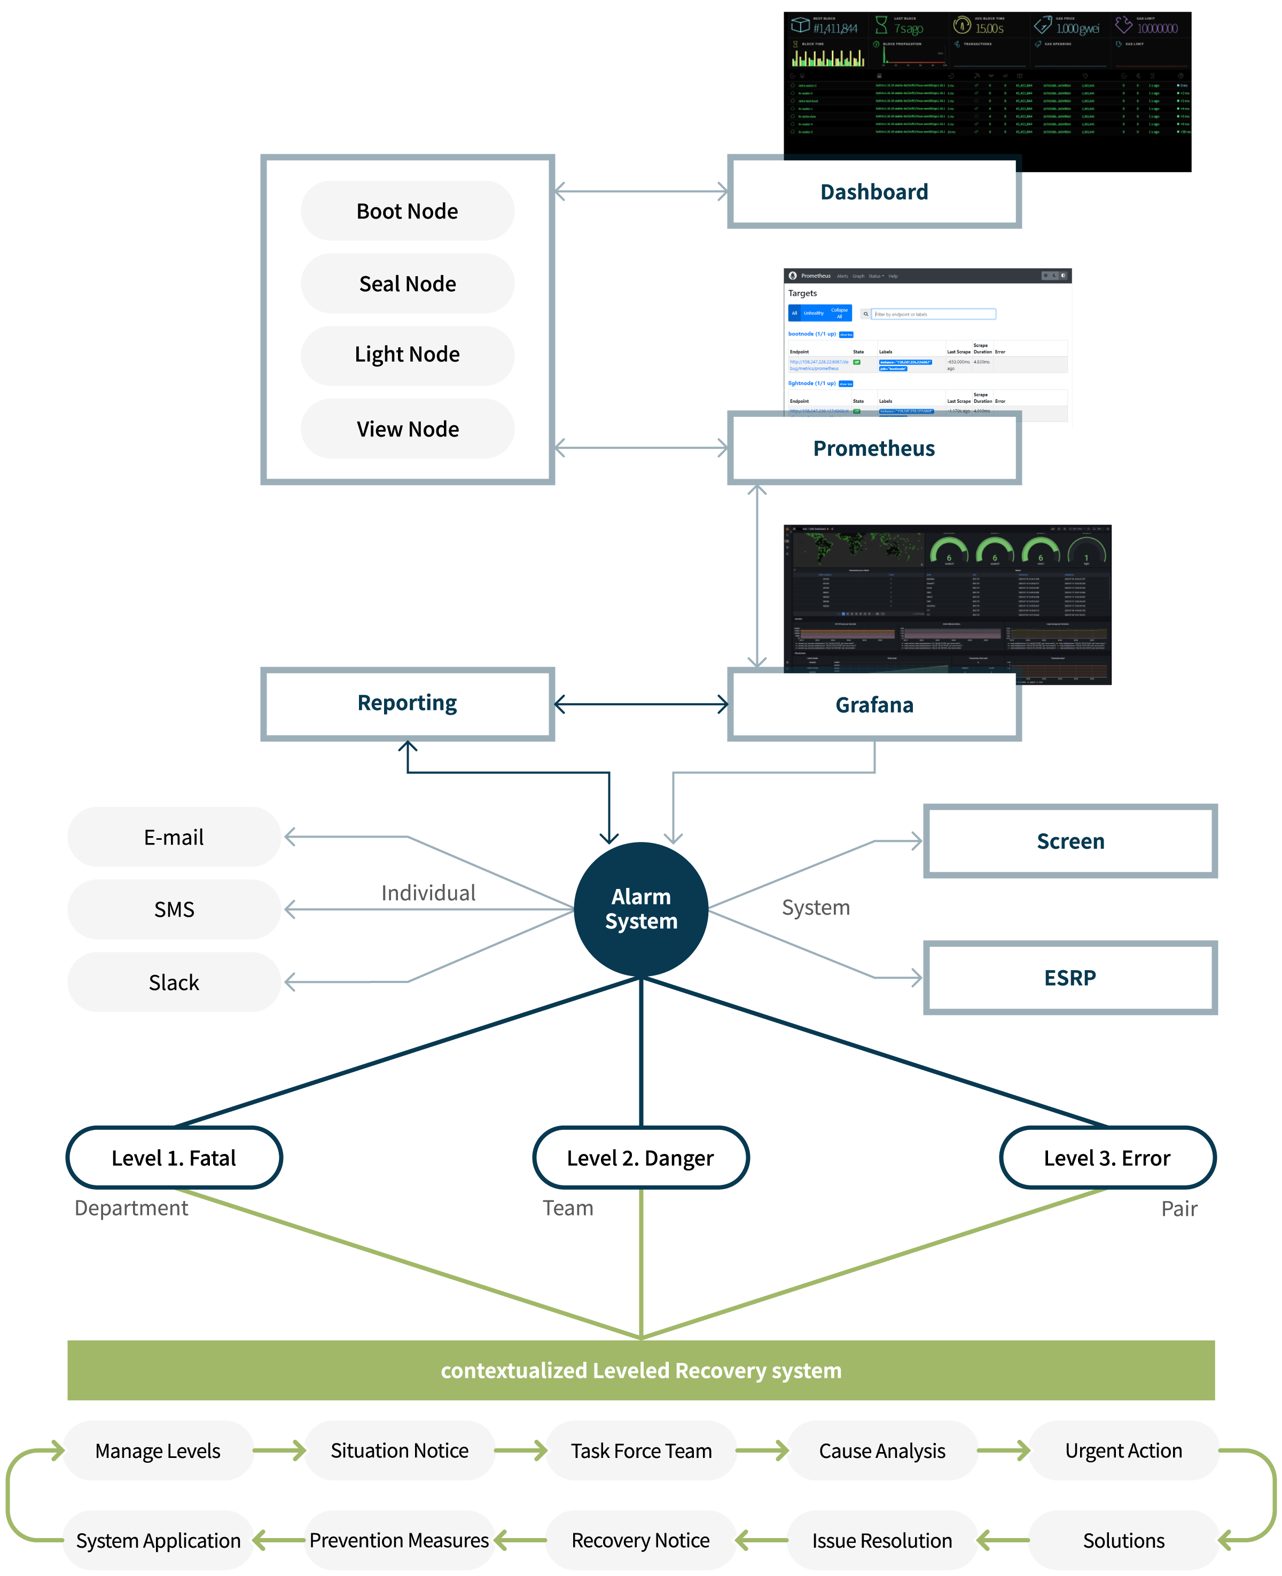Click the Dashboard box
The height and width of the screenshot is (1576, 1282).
pyautogui.click(x=874, y=192)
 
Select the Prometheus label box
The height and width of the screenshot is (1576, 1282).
pyautogui.click(x=874, y=448)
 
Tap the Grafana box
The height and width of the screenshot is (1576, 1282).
pyautogui.click(x=874, y=705)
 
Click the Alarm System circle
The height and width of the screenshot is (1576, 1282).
pyautogui.click(x=641, y=909)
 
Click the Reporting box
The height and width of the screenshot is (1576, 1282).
pyautogui.click(x=408, y=704)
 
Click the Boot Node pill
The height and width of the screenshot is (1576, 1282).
pyautogui.click(x=408, y=211)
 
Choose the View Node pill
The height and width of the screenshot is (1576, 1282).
pyautogui.click(x=408, y=429)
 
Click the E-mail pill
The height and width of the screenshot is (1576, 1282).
pyautogui.click(x=174, y=837)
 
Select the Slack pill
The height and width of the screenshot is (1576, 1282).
pyautogui.click(x=174, y=982)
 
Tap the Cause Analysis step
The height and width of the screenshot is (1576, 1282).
pyautogui.click(x=882, y=1450)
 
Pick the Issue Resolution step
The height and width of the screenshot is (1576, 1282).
pyautogui.click(x=882, y=1541)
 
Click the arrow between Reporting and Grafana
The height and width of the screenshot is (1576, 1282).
pyautogui.click(x=641, y=705)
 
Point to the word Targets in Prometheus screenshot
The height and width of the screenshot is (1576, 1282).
pyautogui.click(x=803, y=293)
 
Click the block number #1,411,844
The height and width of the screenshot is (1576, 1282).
pyautogui.click(x=835, y=29)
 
